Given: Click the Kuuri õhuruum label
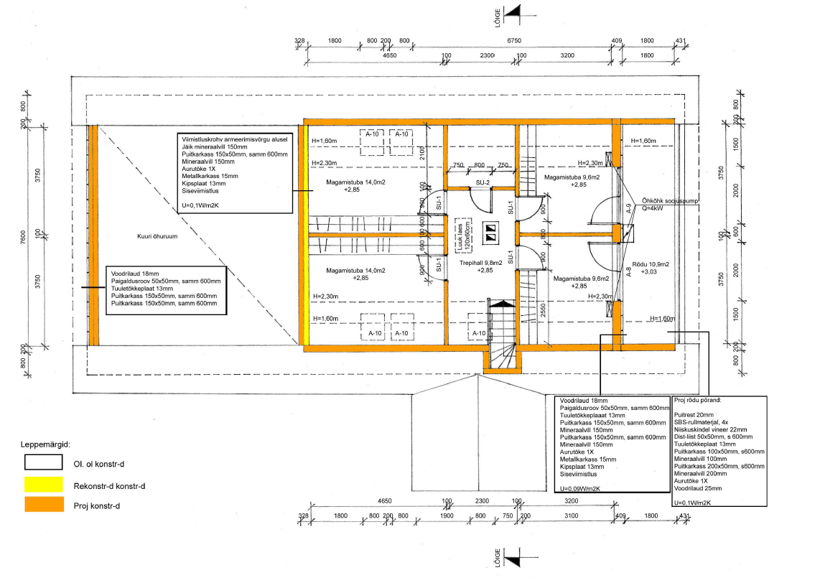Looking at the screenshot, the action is point(157,237).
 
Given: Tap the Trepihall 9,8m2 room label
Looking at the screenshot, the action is point(481,263).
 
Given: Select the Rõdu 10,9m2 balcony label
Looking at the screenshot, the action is point(651,264).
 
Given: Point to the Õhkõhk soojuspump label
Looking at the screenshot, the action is point(670,202).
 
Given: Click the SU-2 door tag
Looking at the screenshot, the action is point(483,182).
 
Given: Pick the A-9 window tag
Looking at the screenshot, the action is point(629,209).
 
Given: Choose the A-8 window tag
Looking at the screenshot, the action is point(628,272).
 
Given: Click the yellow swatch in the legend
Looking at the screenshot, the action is point(44,485).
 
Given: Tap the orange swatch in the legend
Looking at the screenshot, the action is point(44,505).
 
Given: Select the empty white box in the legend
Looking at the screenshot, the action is point(44,462).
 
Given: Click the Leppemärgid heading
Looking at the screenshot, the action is point(45,445).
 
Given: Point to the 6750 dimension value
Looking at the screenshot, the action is point(514,40).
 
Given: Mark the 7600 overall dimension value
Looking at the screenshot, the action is point(23,238).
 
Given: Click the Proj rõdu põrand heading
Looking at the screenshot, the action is point(698,400).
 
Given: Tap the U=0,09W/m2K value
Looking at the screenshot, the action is point(580,489).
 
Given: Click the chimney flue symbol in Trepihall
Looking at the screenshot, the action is point(490,233).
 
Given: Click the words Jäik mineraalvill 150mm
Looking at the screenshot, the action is point(207,146).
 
